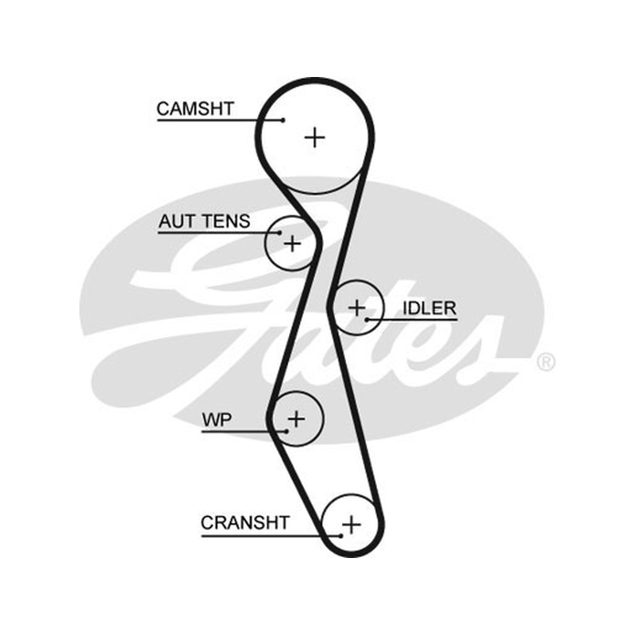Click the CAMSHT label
[x=195, y=109]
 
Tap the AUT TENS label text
[x=204, y=221]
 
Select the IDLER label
[x=429, y=308]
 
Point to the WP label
[x=217, y=420]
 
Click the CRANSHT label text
[x=245, y=522]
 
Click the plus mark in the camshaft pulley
[x=314, y=137]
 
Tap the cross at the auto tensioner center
[x=292, y=244]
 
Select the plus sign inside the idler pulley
[x=356, y=308]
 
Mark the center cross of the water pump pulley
[x=296, y=418]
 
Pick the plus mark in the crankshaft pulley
[x=351, y=525]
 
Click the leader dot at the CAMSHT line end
[x=283, y=120]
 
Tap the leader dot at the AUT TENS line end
[x=280, y=233]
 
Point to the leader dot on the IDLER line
[x=367, y=320]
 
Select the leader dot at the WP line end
[x=287, y=431]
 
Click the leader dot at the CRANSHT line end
[x=341, y=536]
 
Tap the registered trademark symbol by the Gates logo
[x=546, y=362]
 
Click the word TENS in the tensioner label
[x=227, y=221]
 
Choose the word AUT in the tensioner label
[x=178, y=221]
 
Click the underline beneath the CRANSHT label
[x=271, y=536]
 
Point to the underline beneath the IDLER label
[x=412, y=320]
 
